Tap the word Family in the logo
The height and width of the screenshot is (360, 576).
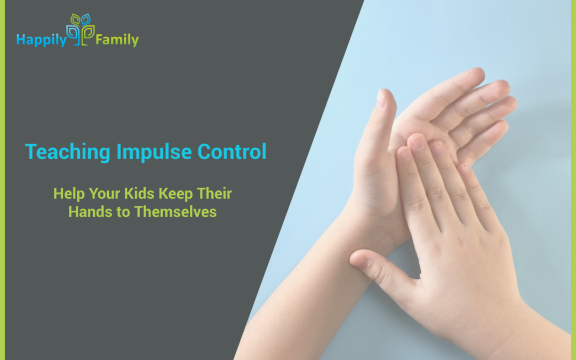coord(117,39)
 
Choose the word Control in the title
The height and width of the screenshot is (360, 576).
coord(232,153)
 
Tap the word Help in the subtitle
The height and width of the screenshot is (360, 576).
coord(66,193)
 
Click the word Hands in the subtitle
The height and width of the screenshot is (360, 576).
coord(86,211)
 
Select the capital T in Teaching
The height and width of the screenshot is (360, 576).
coord(30,153)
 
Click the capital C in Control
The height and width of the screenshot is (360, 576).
coord(204,153)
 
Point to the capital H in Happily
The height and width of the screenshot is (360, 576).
coord(20,39)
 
